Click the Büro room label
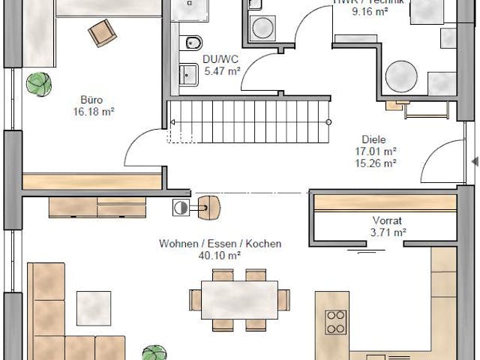(x=92, y=98)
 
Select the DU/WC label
(x=220, y=58)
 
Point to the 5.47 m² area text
(x=221, y=71)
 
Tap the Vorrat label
(x=387, y=220)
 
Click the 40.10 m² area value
(x=220, y=256)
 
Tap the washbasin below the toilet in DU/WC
(x=186, y=73)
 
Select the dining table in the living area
(x=239, y=300)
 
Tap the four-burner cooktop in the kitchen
(x=335, y=322)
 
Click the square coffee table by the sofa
(x=94, y=307)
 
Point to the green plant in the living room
(x=154, y=353)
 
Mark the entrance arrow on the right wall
(x=474, y=161)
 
